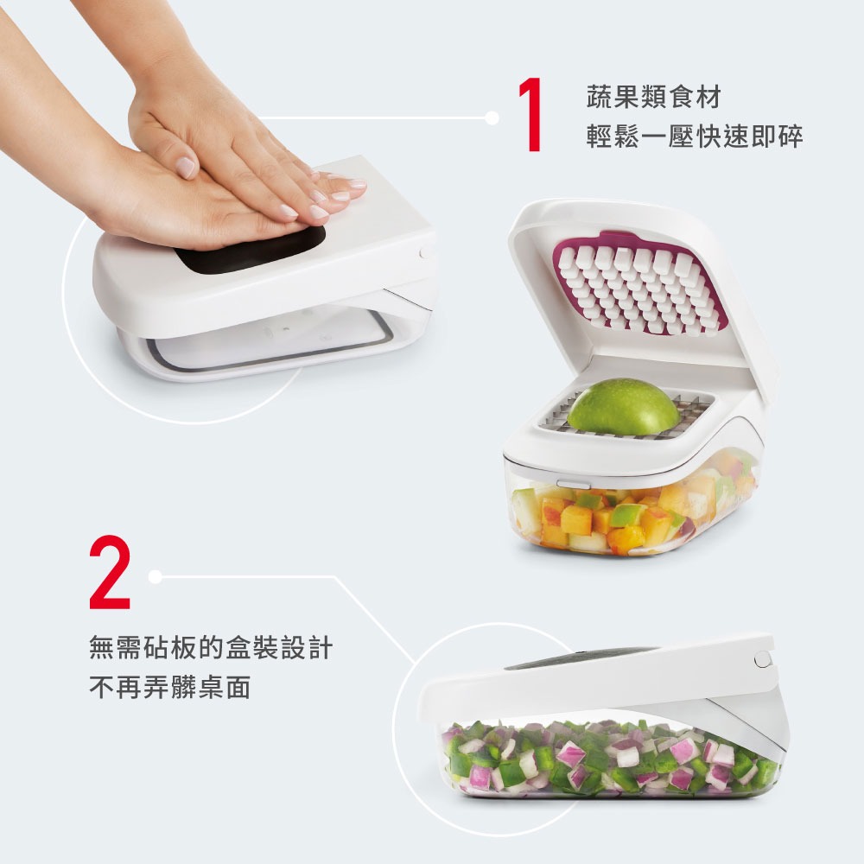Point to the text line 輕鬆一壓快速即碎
click(694, 137)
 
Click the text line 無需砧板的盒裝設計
click(211, 647)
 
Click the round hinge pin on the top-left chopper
click(425, 251)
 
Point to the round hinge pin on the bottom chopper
click(761, 659)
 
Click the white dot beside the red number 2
click(155, 575)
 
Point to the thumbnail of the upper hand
click(186, 167)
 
